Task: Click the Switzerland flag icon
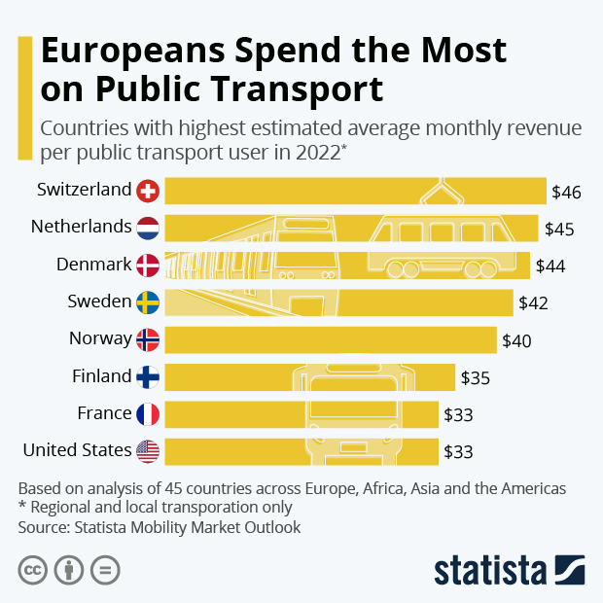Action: point(148,191)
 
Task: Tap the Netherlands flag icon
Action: point(148,228)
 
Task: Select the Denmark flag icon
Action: point(148,265)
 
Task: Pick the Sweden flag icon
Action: point(148,302)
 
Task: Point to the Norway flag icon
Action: point(148,339)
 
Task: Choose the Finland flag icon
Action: point(148,376)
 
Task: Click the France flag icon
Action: point(148,414)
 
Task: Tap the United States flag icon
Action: point(148,451)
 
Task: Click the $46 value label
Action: point(565,192)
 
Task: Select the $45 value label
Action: point(558,230)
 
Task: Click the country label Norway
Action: point(100,338)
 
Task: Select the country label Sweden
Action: point(99,301)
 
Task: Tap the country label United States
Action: point(77,450)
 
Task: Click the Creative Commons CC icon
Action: point(33,569)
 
